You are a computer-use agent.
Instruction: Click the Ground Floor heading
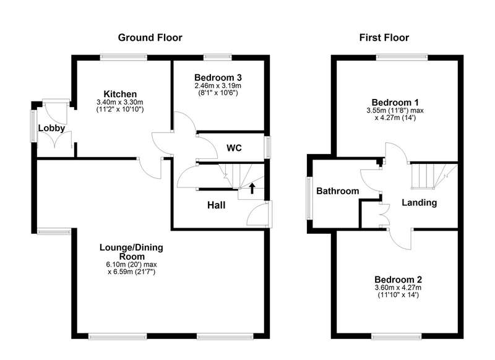click(150, 38)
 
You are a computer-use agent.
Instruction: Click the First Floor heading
click(384, 38)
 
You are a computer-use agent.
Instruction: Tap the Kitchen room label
click(120, 94)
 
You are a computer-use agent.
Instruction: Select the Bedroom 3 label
click(218, 77)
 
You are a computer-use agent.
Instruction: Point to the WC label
click(235, 148)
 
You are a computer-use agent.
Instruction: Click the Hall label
click(216, 205)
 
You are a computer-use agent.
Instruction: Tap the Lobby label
click(51, 128)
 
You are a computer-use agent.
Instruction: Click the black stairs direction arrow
click(252, 188)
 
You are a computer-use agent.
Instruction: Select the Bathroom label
click(337, 191)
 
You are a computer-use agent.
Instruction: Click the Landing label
click(420, 202)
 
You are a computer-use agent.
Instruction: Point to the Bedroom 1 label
click(395, 103)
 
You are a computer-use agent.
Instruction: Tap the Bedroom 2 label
click(398, 280)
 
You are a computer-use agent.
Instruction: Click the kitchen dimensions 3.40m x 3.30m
click(120, 102)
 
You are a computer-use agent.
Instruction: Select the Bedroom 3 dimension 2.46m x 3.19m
click(218, 85)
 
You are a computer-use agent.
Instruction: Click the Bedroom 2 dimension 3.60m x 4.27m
click(398, 288)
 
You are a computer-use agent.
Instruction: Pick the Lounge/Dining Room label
click(131, 252)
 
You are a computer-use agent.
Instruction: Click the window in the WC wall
click(268, 147)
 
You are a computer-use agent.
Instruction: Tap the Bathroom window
click(309, 198)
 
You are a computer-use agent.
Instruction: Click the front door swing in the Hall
click(257, 214)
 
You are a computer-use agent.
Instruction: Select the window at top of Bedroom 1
click(402, 58)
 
